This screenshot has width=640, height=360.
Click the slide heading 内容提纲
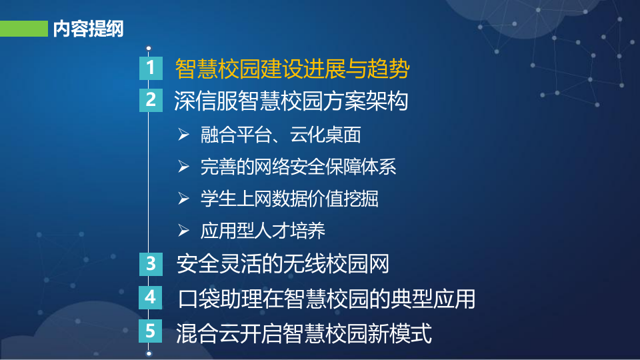88,29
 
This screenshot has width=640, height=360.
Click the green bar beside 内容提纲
23,29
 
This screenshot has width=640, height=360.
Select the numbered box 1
151,68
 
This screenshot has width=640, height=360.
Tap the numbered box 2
151,100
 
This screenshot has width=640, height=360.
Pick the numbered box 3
151,264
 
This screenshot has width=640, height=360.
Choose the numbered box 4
151,297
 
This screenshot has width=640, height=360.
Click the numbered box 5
151,331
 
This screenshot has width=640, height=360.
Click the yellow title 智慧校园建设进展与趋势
291,68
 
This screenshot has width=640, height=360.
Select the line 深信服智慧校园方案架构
291,101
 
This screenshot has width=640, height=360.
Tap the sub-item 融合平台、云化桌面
281,135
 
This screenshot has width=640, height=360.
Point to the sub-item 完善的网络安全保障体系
298,167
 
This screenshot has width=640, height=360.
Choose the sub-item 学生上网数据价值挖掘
289,199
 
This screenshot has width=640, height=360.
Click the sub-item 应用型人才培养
263,231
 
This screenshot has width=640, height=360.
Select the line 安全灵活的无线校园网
283,264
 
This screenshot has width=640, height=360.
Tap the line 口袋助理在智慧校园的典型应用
327,298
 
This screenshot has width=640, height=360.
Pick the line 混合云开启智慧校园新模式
304,331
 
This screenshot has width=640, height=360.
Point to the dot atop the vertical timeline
149,48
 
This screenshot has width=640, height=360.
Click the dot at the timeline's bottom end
149,353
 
